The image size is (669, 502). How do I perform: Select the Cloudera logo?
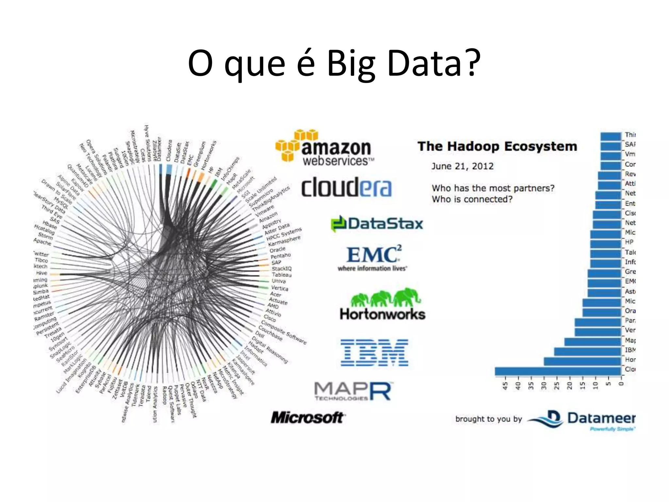(x=346, y=187)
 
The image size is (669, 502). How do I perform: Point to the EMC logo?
(x=373, y=258)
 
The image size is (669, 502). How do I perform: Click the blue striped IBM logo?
(x=374, y=352)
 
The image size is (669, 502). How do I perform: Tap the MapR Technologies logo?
(x=353, y=392)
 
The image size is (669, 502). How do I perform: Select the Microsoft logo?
(x=307, y=417)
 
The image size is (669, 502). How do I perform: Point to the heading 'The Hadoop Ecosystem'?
(x=497, y=146)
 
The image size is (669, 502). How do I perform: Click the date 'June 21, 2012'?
(x=462, y=166)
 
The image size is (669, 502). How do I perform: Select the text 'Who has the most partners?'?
(x=493, y=188)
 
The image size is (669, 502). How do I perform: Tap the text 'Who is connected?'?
(x=472, y=199)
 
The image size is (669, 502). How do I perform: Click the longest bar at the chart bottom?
(x=558, y=371)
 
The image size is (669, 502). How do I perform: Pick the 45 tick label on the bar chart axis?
(x=505, y=386)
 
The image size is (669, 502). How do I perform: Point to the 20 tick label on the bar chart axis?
(x=570, y=386)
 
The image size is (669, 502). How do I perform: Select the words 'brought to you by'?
(x=489, y=419)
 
